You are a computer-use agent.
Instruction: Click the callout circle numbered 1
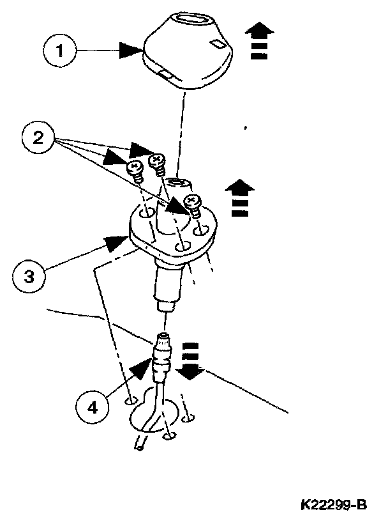(x=61, y=50)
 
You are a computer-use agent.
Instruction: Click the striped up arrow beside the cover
(x=259, y=41)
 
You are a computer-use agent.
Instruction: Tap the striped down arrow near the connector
(x=192, y=361)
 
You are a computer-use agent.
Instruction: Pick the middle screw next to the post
(x=156, y=161)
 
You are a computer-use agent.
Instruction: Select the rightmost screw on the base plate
(x=192, y=204)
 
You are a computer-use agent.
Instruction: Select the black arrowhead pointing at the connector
(x=142, y=369)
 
